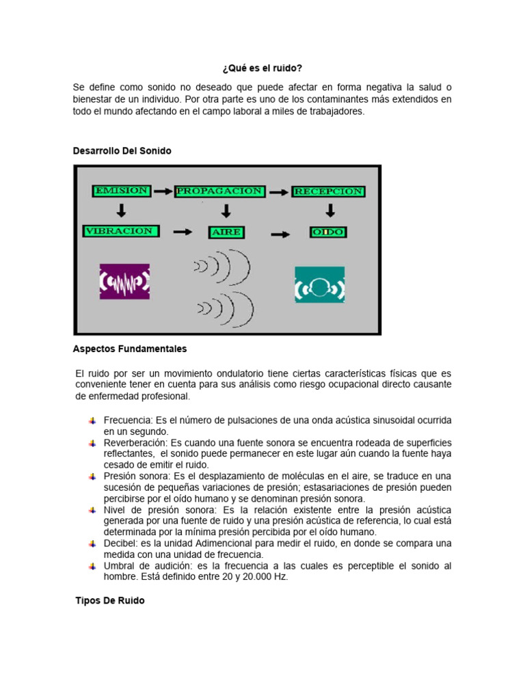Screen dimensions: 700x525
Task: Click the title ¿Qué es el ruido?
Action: pyautogui.click(x=262, y=68)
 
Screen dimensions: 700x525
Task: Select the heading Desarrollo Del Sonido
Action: pyautogui.click(x=122, y=150)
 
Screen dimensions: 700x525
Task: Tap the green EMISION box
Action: pyautogui.click(x=122, y=191)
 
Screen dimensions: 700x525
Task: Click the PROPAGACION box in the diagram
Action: pyautogui.click(x=219, y=191)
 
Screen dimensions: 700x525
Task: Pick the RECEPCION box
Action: pyautogui.click(x=328, y=191)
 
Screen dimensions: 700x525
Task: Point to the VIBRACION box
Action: pyautogui.click(x=121, y=231)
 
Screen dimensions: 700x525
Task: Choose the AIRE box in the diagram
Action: pyautogui.click(x=226, y=232)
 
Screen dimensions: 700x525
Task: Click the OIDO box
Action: pyautogui.click(x=329, y=232)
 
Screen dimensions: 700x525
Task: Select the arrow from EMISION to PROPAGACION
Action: pyautogui.click(x=163, y=191)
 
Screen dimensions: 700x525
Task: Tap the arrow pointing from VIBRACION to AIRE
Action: pyautogui.click(x=183, y=232)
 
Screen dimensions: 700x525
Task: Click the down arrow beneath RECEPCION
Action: pyautogui.click(x=329, y=211)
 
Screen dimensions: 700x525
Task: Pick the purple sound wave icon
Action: pyautogui.click(x=124, y=282)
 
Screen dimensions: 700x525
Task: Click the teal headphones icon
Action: pyautogui.click(x=319, y=285)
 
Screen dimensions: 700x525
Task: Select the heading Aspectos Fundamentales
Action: pyautogui.click(x=130, y=349)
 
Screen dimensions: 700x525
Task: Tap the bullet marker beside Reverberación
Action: pyautogui.click(x=92, y=444)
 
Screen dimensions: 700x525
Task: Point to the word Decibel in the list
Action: pyautogui.click(x=120, y=543)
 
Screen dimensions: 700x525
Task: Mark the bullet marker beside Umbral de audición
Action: pyautogui.click(x=92, y=567)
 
